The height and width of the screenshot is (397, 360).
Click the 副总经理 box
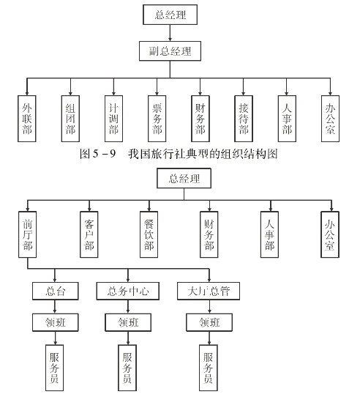170,51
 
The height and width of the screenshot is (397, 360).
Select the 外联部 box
27,119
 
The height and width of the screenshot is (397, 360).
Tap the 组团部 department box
70,119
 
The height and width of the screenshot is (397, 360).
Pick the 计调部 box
114,119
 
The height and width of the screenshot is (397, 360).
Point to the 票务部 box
157,119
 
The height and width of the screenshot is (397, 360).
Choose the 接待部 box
244,119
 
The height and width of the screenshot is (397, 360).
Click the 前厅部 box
27,234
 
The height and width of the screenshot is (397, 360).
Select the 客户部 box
89,234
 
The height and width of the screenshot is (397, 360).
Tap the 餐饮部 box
149,234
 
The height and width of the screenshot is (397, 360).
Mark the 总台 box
56,291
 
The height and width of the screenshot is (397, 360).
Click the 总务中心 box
128,291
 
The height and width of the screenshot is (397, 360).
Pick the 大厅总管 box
209,291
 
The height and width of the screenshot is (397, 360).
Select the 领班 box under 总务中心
128,322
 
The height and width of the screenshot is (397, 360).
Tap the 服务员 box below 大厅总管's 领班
209,368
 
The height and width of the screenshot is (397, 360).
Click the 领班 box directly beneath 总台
56,322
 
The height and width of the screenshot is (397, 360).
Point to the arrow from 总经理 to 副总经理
170,33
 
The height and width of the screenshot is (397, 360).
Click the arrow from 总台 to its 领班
55,307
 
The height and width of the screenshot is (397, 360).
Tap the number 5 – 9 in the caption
105,154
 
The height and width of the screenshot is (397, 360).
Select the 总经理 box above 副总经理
170,15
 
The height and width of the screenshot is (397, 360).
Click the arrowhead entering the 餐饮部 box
149,209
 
